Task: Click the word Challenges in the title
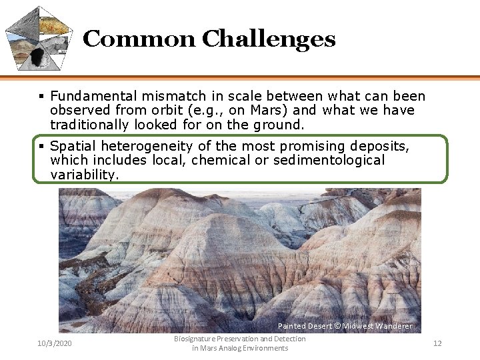click(268, 39)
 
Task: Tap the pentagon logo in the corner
click(39, 38)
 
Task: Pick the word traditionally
click(90, 125)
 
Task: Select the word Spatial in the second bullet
click(71, 146)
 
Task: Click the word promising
click(312, 146)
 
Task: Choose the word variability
click(85, 175)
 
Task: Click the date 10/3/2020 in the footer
click(55, 343)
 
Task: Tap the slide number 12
click(437, 343)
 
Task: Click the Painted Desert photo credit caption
click(345, 326)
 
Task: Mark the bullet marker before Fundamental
click(41, 97)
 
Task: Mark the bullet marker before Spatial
click(41, 146)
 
